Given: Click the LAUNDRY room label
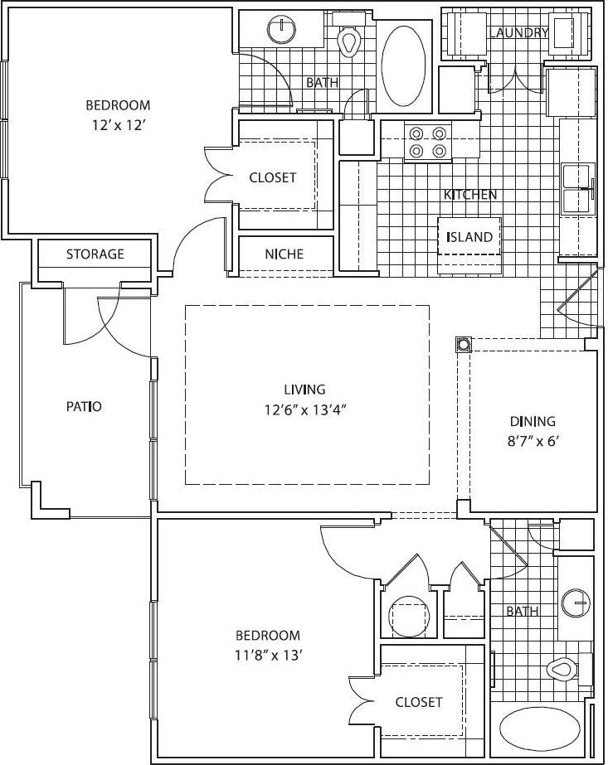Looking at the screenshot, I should (518, 33).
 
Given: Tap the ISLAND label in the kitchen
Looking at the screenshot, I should (469, 237).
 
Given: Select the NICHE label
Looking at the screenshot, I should (285, 254).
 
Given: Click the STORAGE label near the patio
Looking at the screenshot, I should (95, 254).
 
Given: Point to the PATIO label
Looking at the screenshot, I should (84, 407).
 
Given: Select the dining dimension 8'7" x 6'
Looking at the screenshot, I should (533, 441).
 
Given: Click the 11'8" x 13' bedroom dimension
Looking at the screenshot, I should (268, 656).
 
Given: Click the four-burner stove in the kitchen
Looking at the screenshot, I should (428, 141).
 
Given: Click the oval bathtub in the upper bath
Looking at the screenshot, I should (404, 64).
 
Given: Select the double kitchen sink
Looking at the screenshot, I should (578, 189).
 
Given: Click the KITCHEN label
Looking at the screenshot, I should (470, 195).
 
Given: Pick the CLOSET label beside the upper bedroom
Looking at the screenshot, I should (272, 178).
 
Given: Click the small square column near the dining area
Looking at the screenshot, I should (463, 344).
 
